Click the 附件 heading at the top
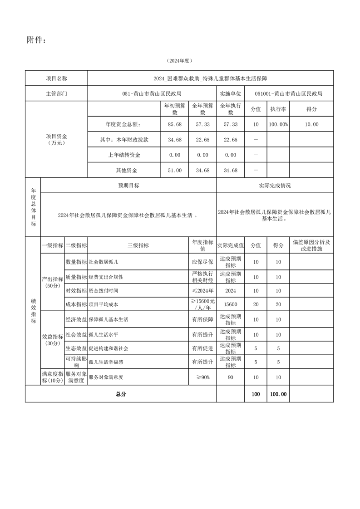pos(36,40)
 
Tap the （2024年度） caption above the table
pos(180,60)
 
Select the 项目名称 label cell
pos(56,78)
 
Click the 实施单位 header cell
pos(230,94)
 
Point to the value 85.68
pos(175,124)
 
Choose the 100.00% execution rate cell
pos(278,124)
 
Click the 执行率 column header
pos(278,109)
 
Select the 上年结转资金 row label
pos(124,155)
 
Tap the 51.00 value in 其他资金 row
pos(175,171)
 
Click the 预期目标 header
pos(128,186)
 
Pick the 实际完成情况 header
pos(275,186)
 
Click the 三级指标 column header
pos(138,245)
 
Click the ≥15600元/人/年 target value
pos(202,304)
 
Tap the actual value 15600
pos(230,304)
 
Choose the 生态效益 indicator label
pos(76,348)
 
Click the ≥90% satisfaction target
pos(202,377)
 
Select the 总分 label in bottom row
pos(121,394)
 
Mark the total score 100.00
pos(278,394)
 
